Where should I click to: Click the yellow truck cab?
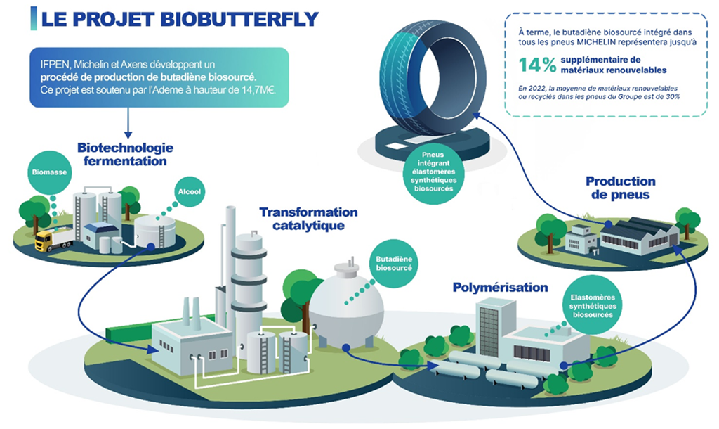tap(44, 241)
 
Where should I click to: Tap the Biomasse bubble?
tap(50, 172)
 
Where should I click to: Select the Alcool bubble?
tap(190, 191)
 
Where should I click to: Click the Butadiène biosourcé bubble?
tap(393, 264)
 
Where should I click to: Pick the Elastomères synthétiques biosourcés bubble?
tap(593, 306)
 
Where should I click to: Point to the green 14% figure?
tap(538, 65)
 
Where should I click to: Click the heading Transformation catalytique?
tap(309, 219)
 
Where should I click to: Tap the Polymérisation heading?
tap(500, 288)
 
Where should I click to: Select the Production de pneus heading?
tap(621, 188)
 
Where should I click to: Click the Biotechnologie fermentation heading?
tap(125, 154)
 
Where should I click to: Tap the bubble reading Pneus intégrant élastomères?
tap(433, 172)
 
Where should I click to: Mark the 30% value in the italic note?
tap(673, 96)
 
